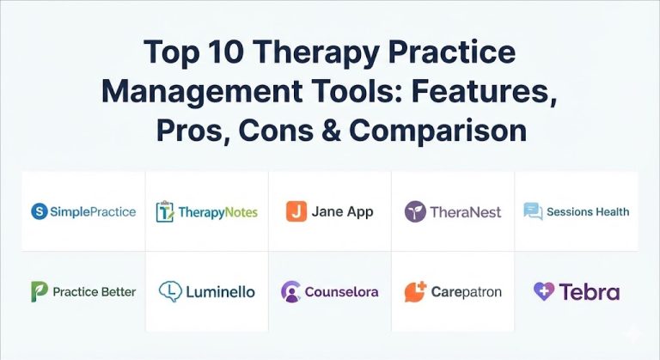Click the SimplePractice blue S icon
click(38, 211)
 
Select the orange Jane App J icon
click(296, 211)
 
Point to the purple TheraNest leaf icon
click(415, 211)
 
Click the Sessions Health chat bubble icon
click(533, 211)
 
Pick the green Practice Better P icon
click(39, 292)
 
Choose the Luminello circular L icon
click(170, 292)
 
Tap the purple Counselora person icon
click(290, 292)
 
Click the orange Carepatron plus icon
click(416, 291)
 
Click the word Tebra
click(590, 292)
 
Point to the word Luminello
click(219, 292)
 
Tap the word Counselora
click(341, 292)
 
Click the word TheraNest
click(465, 212)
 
